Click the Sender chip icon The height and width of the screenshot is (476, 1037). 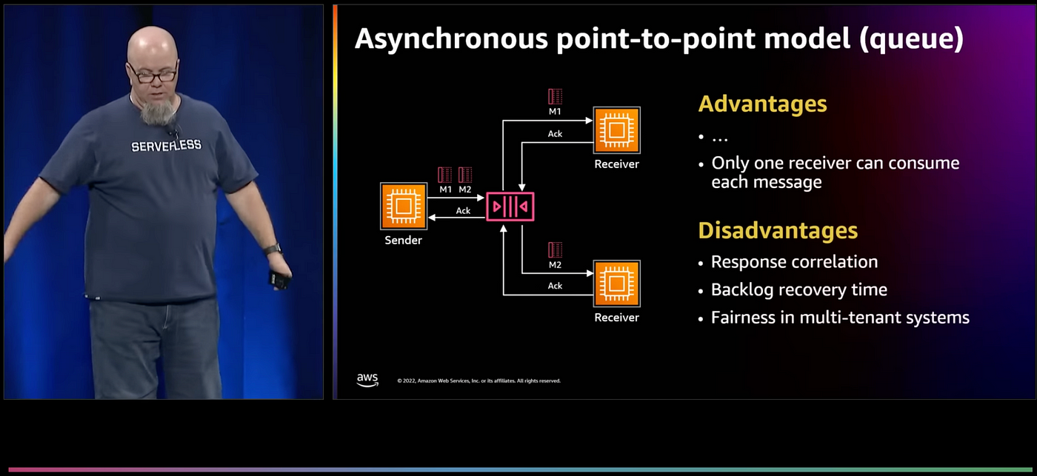pyautogui.click(x=404, y=207)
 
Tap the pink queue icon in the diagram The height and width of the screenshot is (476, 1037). pyautogui.click(x=510, y=206)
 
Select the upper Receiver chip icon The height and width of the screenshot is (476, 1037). pyautogui.click(x=616, y=130)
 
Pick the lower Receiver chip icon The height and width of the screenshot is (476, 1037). pyautogui.click(x=616, y=284)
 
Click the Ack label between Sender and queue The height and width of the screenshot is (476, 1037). pyautogui.click(x=463, y=211)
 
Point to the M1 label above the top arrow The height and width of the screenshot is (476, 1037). pyautogui.click(x=555, y=111)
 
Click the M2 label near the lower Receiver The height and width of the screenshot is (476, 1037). pyautogui.click(x=555, y=264)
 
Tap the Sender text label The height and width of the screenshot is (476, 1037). pyautogui.click(x=404, y=241)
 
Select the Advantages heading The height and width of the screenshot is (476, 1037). pyautogui.click(x=762, y=104)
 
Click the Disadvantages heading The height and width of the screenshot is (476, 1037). pyautogui.click(x=778, y=230)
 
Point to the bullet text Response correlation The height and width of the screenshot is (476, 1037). pyautogui.click(x=794, y=262)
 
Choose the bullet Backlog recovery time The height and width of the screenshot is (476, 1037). pyautogui.click(x=798, y=289)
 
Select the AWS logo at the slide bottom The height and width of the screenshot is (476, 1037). pyautogui.click(x=367, y=380)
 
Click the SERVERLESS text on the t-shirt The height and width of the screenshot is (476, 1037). pyautogui.click(x=166, y=146)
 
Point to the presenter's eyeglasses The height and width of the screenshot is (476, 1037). pyautogui.click(x=153, y=74)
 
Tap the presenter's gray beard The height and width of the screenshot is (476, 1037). pyautogui.click(x=157, y=111)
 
